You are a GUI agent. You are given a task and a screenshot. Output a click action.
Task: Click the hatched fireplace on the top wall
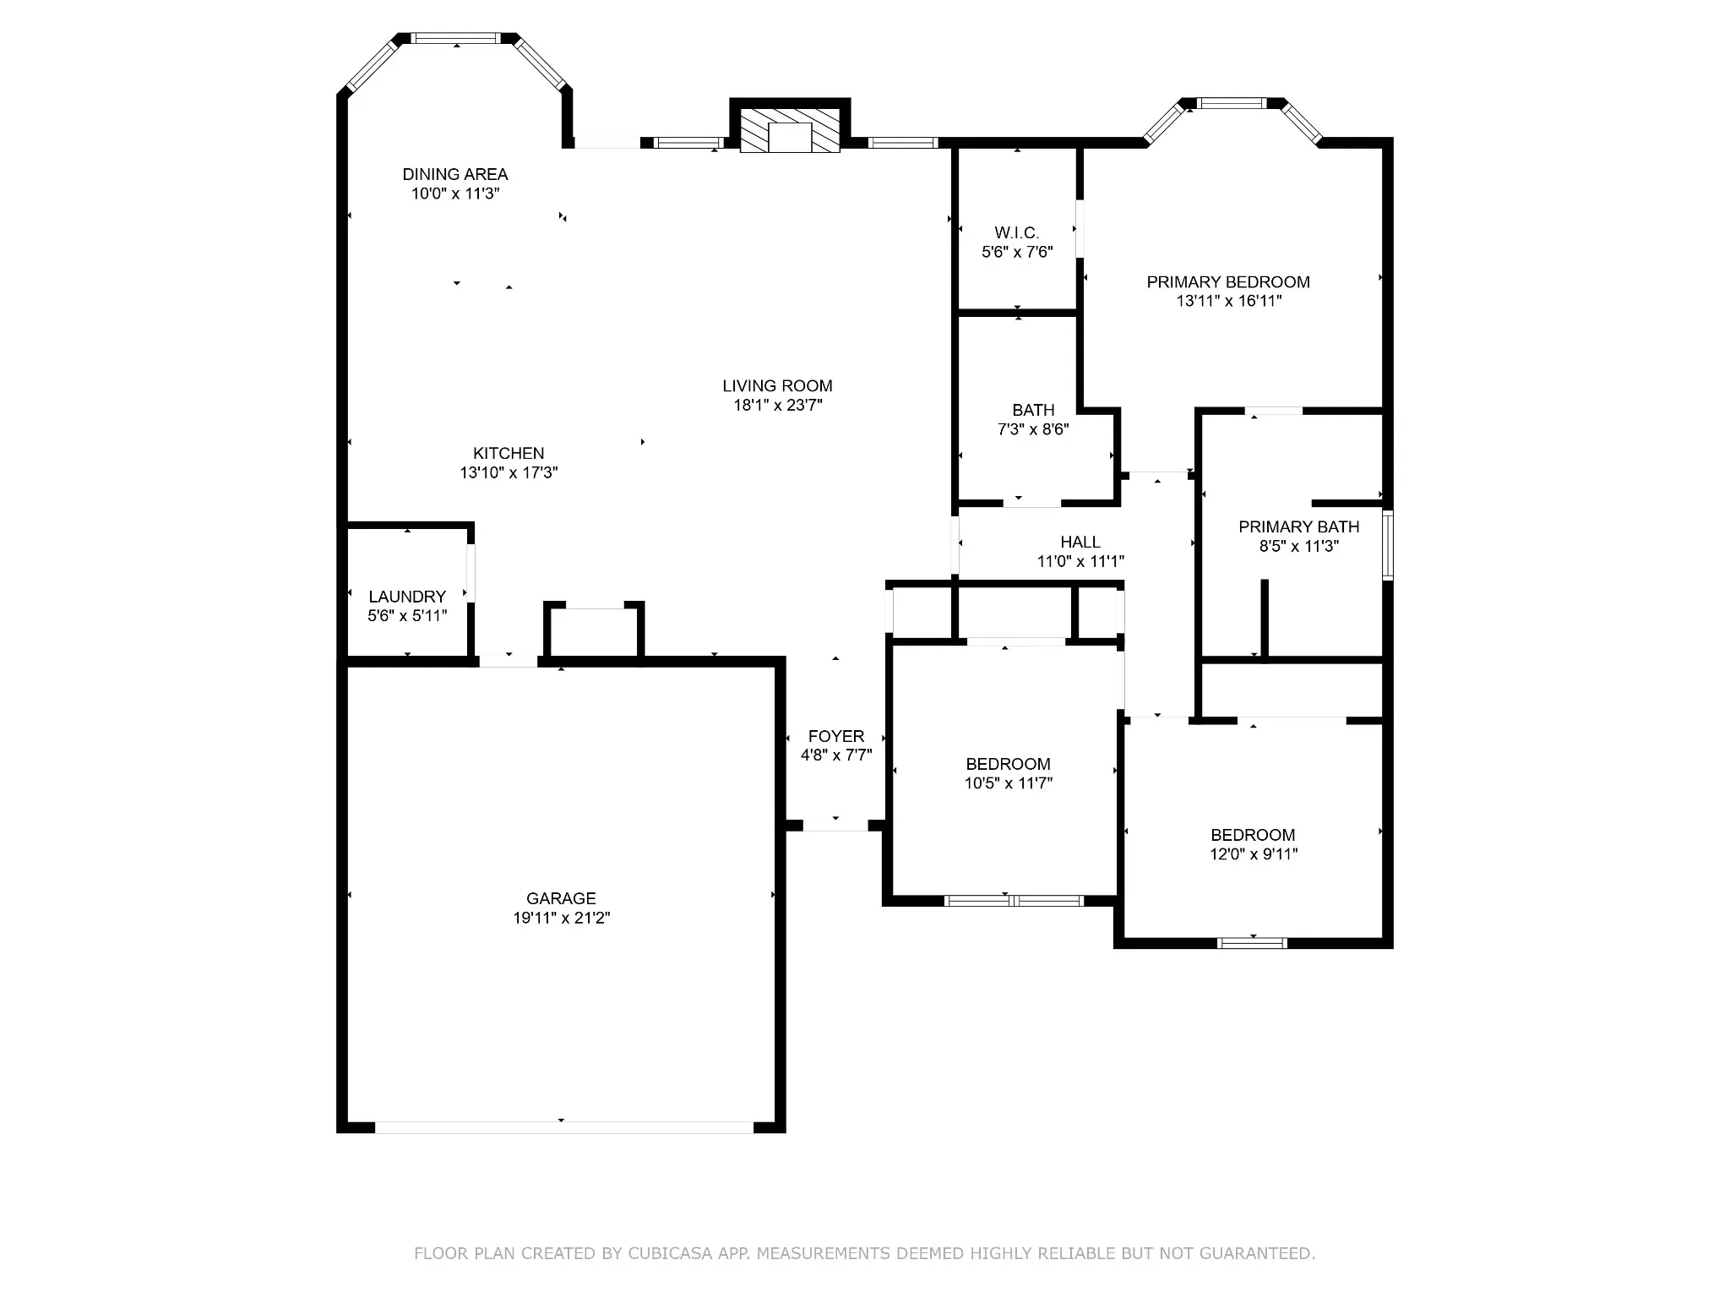coord(790,130)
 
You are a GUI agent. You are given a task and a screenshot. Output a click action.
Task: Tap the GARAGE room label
coord(561,898)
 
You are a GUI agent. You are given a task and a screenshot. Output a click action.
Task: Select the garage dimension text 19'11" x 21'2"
coord(561,918)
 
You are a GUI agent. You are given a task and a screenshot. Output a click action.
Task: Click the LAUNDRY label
coord(407,597)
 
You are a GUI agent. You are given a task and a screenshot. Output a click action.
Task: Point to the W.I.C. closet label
coord(1017,232)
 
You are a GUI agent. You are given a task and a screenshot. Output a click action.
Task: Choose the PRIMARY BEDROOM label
coord(1228,282)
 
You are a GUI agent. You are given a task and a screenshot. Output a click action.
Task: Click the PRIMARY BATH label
coord(1299,527)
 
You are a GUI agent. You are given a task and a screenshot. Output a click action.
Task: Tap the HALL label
coord(1080,542)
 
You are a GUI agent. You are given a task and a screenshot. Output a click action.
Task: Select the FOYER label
coord(836,736)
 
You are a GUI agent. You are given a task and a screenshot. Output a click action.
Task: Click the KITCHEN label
coord(509,453)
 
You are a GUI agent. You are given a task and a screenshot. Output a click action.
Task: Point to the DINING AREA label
coord(455,174)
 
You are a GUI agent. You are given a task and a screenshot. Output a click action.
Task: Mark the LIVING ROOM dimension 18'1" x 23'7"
coord(778,406)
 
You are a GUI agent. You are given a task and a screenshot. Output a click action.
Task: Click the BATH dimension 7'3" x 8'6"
coord(1033,429)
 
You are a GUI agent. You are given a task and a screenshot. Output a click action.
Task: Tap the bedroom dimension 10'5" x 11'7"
coord(1009,783)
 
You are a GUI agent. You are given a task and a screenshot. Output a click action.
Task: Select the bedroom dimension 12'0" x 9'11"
coord(1254,854)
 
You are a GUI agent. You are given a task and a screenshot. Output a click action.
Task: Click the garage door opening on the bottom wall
coord(563,1127)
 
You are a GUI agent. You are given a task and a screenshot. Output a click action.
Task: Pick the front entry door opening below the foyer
coord(835,826)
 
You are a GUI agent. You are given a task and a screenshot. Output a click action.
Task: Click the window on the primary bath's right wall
coord(1387,545)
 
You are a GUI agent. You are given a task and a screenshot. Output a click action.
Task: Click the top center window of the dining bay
coord(456,38)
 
